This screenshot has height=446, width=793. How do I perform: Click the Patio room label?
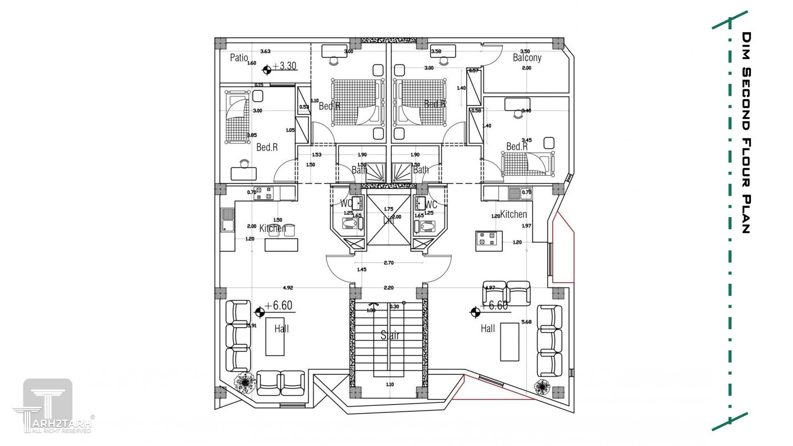pos(239,58)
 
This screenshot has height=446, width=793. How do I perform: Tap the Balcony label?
pos(527,58)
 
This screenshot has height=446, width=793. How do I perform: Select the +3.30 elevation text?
pos(285,66)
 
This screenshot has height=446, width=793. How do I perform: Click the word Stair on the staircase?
pos(390,335)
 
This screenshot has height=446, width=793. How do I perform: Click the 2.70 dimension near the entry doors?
pos(388,262)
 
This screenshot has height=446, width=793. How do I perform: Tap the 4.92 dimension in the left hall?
pos(288,288)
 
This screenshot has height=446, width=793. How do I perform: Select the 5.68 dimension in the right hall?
pos(526,322)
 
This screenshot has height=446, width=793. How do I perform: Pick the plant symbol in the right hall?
pos(542,387)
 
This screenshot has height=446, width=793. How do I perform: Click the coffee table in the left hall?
pos(275,337)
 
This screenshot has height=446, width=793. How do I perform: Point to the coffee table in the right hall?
pos(510,342)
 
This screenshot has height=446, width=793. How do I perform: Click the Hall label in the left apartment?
pos(281,329)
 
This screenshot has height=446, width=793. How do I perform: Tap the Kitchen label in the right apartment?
pos(513,214)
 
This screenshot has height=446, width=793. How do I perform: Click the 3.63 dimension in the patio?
pos(265,51)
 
